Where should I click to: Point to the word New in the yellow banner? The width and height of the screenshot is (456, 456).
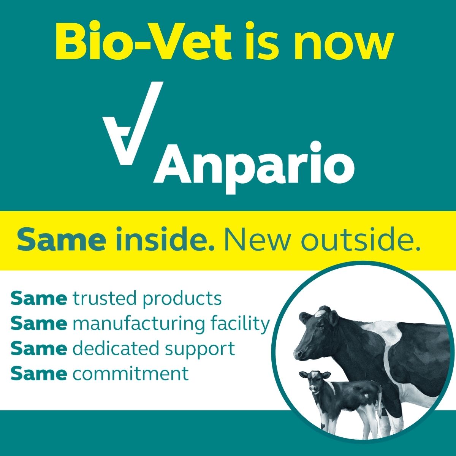point(258,239)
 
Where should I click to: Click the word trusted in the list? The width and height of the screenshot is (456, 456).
point(105,298)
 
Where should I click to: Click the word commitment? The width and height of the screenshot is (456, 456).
point(130,374)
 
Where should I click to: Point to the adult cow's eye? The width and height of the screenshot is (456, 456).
point(321,327)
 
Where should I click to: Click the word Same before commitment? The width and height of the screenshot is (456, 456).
point(39,374)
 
